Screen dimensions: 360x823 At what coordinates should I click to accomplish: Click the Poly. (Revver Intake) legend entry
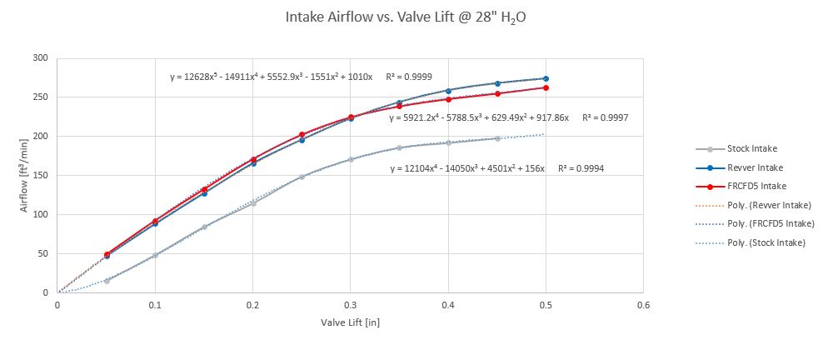765,204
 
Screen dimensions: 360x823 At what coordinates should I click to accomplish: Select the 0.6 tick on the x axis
643,305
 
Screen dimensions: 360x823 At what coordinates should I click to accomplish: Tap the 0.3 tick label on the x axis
350,305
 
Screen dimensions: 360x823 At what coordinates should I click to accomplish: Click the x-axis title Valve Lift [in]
350,322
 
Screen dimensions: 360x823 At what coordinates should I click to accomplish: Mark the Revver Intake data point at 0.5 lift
546,78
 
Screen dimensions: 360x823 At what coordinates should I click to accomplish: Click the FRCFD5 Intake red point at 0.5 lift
546,87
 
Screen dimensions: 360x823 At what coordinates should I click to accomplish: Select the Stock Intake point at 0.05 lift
107,281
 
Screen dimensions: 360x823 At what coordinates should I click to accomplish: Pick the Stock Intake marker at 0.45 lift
497,138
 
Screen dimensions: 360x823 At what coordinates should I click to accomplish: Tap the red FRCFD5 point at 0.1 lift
155,221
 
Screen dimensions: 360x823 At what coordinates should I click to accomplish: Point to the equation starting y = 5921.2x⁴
479,118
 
